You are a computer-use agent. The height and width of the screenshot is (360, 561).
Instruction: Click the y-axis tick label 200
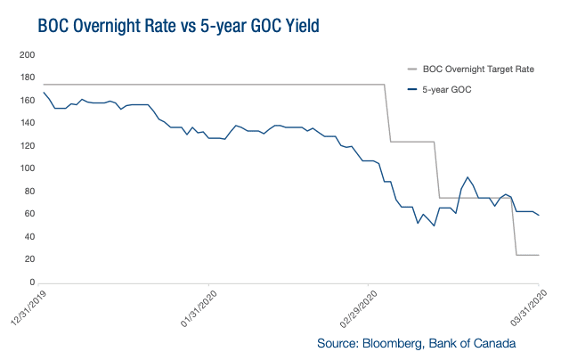point(25,55)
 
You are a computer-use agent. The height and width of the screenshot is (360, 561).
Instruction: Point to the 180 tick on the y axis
point(25,78)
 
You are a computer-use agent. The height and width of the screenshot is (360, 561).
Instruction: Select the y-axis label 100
point(25,168)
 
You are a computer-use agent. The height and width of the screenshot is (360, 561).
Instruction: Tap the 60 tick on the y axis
point(28,214)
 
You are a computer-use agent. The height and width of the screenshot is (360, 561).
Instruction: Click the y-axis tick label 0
point(30,282)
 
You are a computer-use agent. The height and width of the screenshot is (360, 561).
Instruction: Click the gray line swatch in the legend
point(411,69)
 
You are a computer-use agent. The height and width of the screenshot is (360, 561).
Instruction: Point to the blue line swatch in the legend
point(411,89)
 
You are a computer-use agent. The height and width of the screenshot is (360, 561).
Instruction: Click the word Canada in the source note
point(494,343)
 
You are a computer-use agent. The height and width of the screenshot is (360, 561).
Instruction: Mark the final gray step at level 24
point(528,255)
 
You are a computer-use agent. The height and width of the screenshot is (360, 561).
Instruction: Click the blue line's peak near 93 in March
point(467,177)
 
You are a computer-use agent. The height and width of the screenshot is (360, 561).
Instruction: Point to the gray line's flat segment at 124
point(411,142)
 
